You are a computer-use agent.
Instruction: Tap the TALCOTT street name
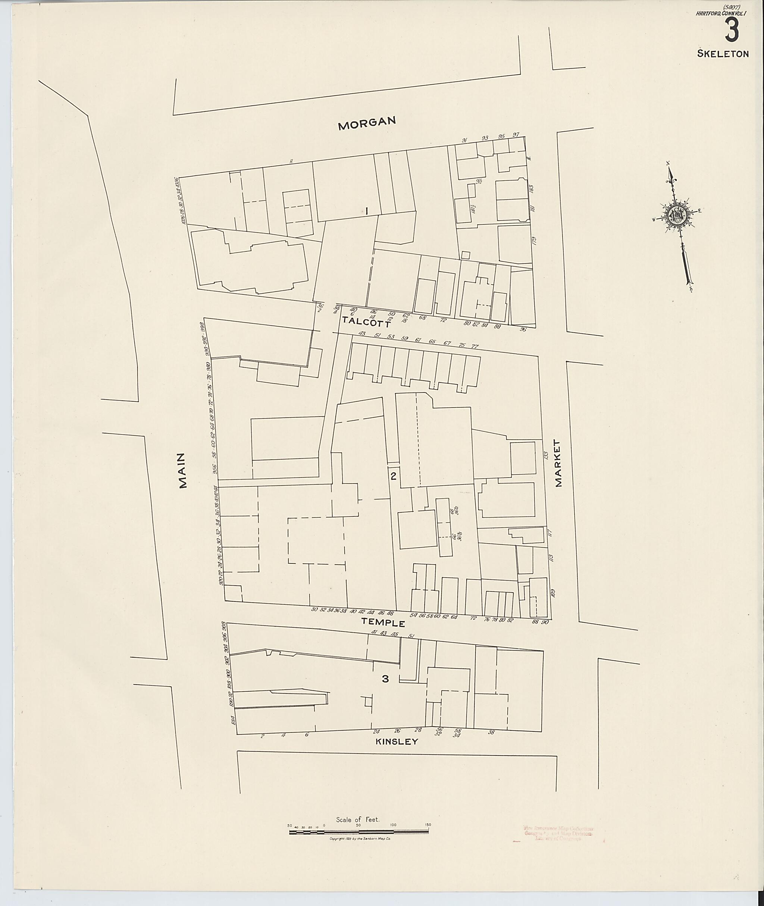(x=366, y=321)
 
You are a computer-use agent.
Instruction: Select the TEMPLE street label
(x=383, y=623)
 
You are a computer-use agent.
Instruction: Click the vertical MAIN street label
(x=183, y=470)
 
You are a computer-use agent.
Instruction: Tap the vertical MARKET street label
(x=558, y=463)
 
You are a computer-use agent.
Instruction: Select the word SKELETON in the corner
(x=723, y=54)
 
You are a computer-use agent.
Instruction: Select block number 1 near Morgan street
(x=366, y=211)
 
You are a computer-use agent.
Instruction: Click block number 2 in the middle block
(x=393, y=476)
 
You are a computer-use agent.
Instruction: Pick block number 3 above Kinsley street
(x=385, y=679)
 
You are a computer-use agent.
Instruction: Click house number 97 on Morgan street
(x=516, y=135)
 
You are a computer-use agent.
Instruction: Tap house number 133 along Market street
(x=546, y=455)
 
